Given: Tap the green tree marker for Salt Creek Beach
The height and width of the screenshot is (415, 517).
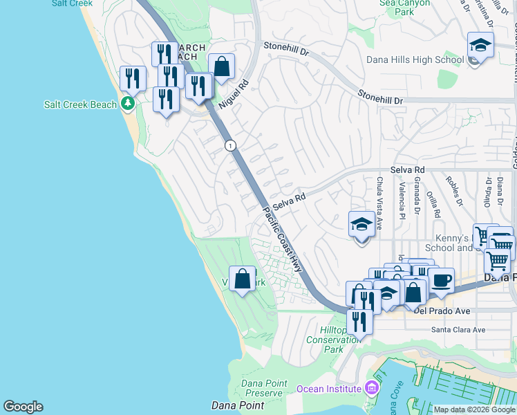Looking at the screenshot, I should point(127,104).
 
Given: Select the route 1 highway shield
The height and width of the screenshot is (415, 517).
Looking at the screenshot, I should point(230,145).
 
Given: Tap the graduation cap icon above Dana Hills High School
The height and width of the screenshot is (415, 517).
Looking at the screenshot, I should point(480,46).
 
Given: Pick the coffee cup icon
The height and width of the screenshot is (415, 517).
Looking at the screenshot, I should point(441,280).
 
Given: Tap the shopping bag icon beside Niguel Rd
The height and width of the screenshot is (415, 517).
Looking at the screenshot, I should point(221,67).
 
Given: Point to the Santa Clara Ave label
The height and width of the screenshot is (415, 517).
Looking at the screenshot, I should point(458,330).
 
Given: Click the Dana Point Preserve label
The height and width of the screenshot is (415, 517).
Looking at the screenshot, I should point(262,388).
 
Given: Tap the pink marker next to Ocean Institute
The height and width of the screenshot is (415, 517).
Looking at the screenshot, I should point(373,388).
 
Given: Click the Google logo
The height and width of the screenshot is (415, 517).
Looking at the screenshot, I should point(23,407).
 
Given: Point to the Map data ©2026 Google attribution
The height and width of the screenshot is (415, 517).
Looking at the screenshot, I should point(473,409).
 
